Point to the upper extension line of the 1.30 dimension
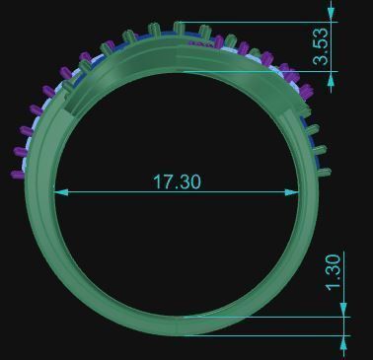266,317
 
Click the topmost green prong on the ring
179,27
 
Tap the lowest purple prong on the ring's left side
16,174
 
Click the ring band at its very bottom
179,325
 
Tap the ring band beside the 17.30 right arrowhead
306,191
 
